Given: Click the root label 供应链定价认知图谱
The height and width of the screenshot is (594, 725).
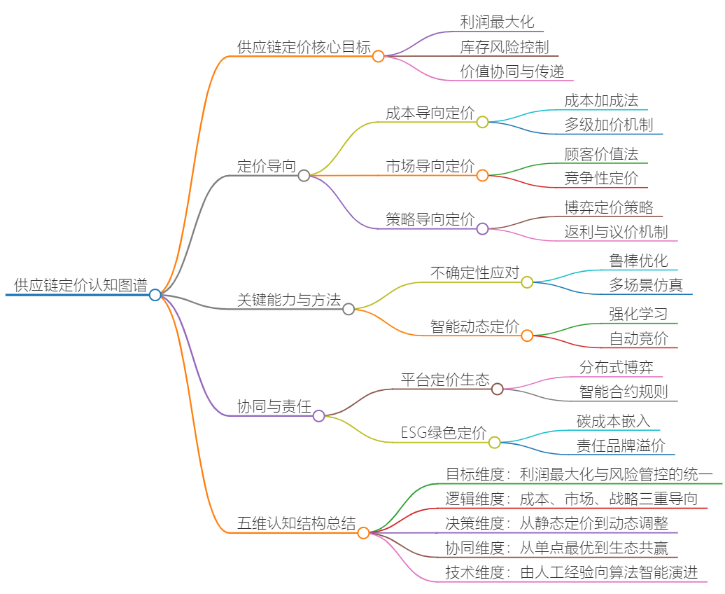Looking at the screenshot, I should [x=80, y=285].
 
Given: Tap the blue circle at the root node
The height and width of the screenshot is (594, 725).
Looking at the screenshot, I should [x=155, y=295].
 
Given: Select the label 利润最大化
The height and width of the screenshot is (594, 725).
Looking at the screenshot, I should [x=498, y=22].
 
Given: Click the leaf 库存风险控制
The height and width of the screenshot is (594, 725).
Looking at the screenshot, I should [x=505, y=47].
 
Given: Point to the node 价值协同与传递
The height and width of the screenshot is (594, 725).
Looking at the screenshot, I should [x=512, y=71].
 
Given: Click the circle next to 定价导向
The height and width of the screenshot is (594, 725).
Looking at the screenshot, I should [x=304, y=176].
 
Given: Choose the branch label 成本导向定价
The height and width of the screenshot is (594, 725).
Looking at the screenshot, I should [x=430, y=113].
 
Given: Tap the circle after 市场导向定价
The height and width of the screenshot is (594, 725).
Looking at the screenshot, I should [x=482, y=176].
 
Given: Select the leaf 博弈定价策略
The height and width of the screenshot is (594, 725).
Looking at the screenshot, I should [x=609, y=207].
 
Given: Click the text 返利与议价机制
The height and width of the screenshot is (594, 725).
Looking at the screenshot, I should [x=616, y=232].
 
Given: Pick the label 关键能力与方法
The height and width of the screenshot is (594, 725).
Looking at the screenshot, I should [x=289, y=300].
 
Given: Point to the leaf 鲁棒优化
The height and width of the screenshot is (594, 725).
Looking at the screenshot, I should [x=638, y=261].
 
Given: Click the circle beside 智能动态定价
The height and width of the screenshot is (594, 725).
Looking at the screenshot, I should [x=527, y=336].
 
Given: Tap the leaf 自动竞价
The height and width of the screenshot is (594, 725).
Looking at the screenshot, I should [x=638, y=339].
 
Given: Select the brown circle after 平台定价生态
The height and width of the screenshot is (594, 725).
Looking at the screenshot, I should [x=498, y=389].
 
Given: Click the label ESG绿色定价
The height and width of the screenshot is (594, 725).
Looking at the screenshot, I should [x=444, y=433].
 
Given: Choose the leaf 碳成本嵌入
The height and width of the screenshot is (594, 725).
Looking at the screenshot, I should [x=613, y=420].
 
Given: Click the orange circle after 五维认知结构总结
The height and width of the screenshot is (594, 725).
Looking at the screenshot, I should [x=363, y=533].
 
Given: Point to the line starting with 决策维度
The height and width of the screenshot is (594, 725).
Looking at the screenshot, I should [x=559, y=523].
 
